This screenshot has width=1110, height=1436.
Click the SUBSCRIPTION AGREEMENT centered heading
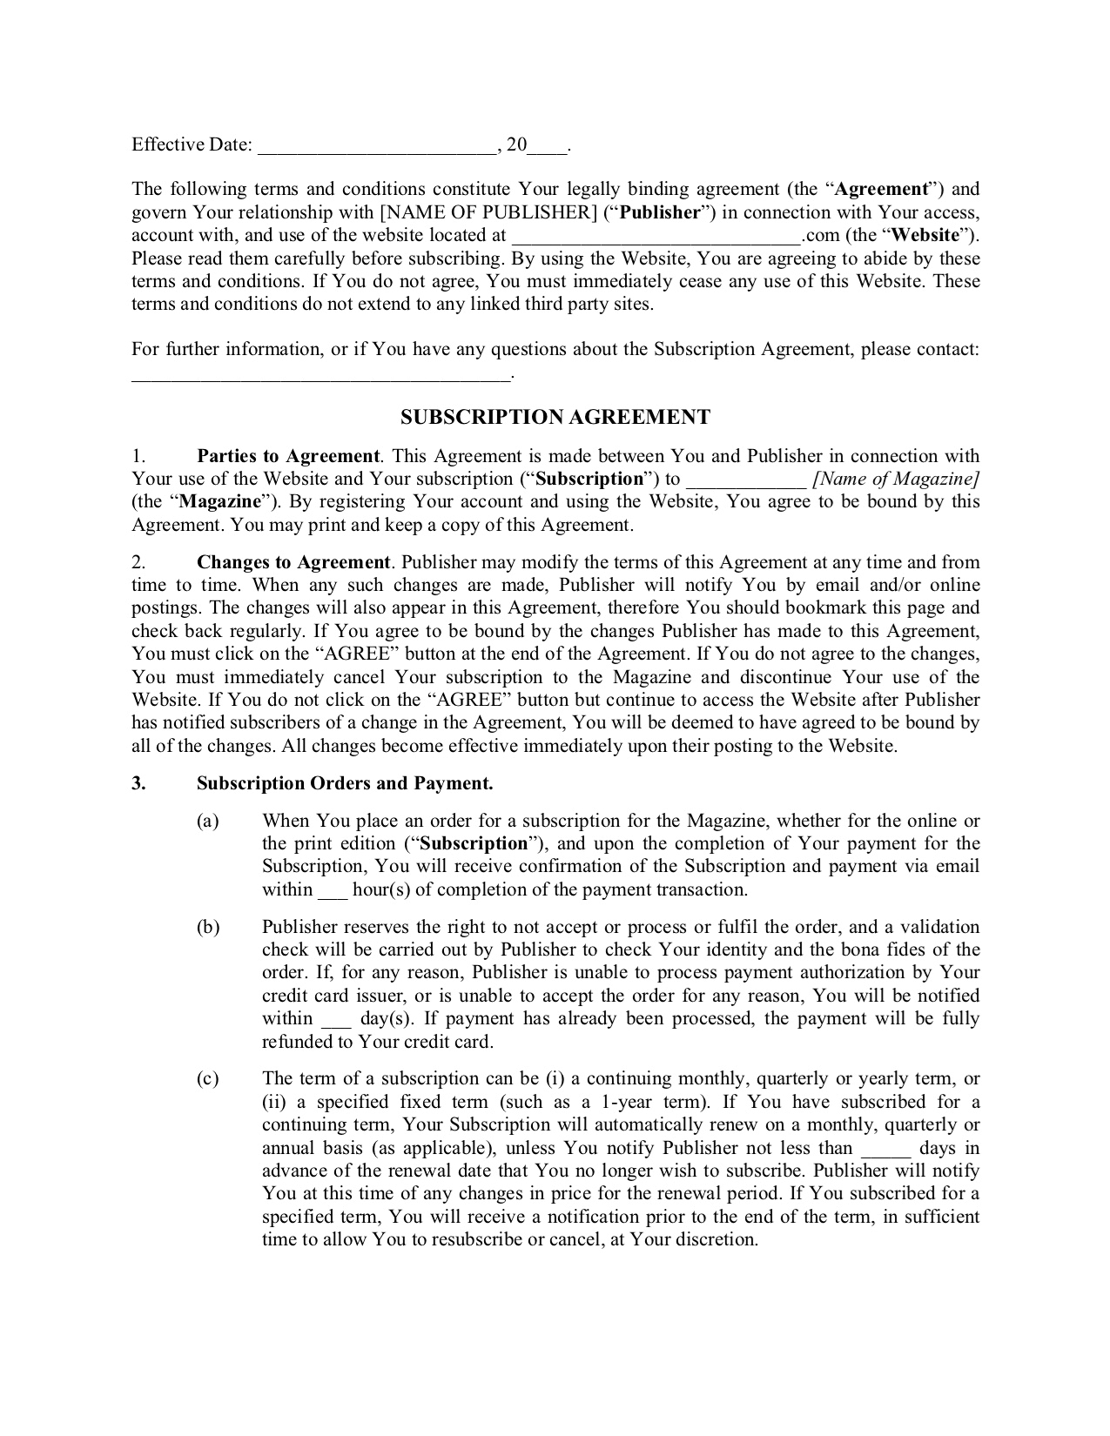555,418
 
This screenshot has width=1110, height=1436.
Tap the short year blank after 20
547,146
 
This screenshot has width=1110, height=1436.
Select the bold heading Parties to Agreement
288,456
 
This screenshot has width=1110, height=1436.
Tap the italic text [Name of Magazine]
896,479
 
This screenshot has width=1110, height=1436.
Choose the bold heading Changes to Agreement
293,562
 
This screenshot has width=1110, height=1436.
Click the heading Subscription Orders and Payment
345,783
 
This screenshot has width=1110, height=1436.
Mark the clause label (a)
207,821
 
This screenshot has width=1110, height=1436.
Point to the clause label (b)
208,927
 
